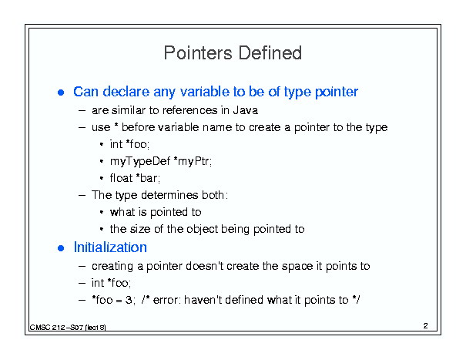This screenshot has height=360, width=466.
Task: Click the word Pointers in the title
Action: tap(198, 53)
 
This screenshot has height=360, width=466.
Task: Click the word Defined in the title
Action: tap(270, 53)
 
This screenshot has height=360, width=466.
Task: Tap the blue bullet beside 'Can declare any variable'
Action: tap(61, 93)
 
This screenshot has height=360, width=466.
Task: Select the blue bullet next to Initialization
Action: tap(61, 248)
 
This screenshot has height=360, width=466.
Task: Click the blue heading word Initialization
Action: tap(110, 247)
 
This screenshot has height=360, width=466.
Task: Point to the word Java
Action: tap(245, 110)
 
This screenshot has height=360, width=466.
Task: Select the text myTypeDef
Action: tap(140, 162)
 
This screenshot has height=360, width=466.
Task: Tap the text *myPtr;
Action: tap(193, 162)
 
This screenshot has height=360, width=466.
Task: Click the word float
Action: tap(121, 178)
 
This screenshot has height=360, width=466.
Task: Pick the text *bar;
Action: tap(148, 178)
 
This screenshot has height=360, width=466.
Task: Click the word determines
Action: tap(169, 195)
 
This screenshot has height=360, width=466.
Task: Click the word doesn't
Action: tap(204, 266)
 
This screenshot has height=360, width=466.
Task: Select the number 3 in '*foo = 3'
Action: tap(129, 300)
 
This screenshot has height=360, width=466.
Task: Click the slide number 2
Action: tap(426, 326)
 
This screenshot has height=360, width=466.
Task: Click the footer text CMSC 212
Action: tap(47, 328)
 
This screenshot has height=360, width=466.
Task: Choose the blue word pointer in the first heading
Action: tap(337, 93)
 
